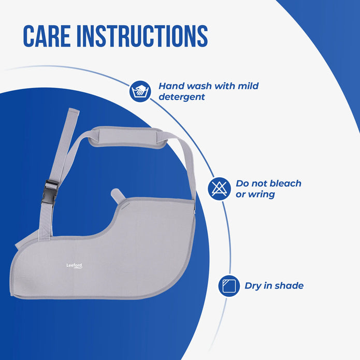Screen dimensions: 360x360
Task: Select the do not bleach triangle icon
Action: [x=219, y=189]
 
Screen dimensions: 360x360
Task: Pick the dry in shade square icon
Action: [x=228, y=285]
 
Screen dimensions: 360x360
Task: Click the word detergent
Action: [x=181, y=97]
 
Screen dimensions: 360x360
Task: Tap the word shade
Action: [x=288, y=285]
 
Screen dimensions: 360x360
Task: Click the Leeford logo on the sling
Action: [x=74, y=266]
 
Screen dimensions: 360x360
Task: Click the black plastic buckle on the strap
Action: [x=51, y=185]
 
